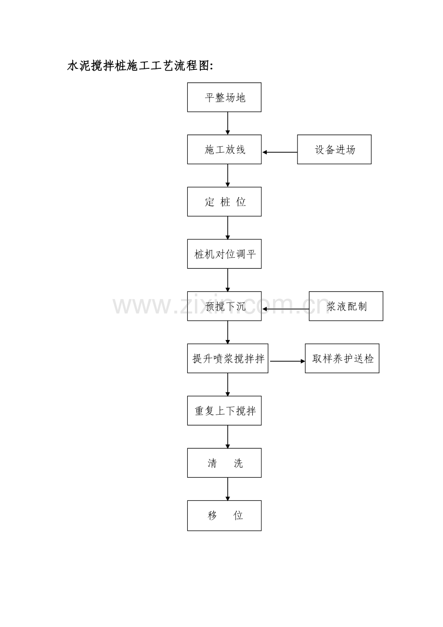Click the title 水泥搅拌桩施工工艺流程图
(x=140, y=66)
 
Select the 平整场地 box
(x=224, y=97)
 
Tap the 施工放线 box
(x=224, y=149)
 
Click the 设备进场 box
(x=334, y=149)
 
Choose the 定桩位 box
(x=224, y=202)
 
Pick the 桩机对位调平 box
(x=224, y=254)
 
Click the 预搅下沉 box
(x=224, y=306)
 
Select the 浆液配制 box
(x=346, y=306)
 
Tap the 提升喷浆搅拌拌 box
(x=228, y=358)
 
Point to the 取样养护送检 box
(x=342, y=358)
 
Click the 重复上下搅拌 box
(x=224, y=411)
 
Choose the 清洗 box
(x=224, y=463)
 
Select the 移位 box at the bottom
(x=224, y=515)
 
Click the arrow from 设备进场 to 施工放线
(x=280, y=152)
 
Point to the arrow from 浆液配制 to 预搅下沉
(x=286, y=309)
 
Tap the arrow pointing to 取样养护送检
(x=287, y=361)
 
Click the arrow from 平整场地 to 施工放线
(x=228, y=123)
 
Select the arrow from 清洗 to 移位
(x=228, y=489)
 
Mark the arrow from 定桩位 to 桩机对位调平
(x=228, y=228)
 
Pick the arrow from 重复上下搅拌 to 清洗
(x=228, y=437)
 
